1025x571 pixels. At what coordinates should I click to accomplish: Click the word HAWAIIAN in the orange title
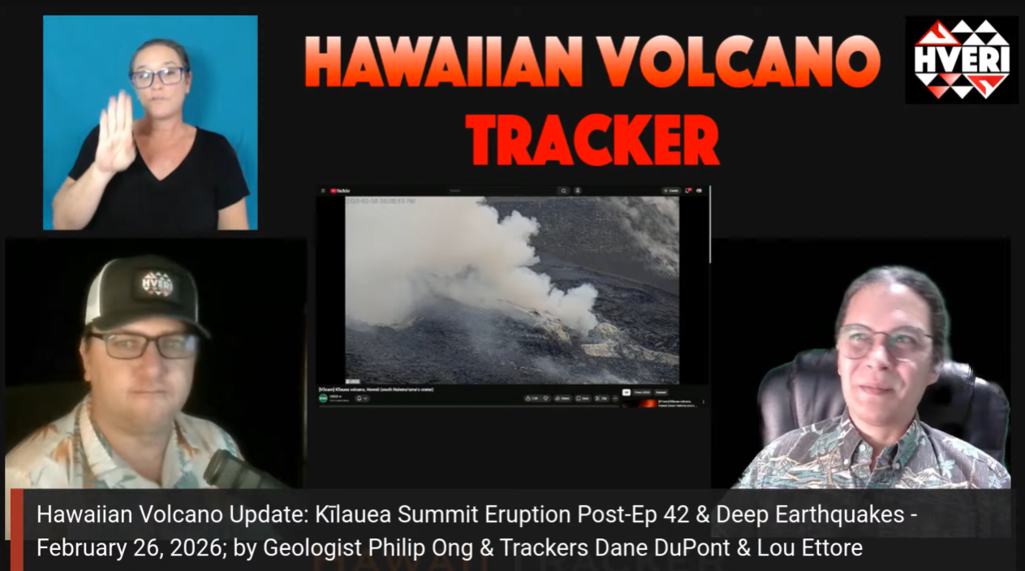(444, 63)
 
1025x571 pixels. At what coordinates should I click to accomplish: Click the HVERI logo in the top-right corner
(962, 59)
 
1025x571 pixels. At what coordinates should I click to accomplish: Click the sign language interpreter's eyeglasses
(157, 77)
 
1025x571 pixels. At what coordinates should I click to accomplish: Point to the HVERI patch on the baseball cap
(157, 285)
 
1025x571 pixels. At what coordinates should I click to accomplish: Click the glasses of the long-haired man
(884, 340)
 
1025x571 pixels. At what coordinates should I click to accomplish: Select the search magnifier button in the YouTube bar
(563, 191)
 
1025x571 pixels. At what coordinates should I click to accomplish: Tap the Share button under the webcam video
(562, 398)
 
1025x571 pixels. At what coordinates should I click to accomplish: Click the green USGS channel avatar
(323, 398)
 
